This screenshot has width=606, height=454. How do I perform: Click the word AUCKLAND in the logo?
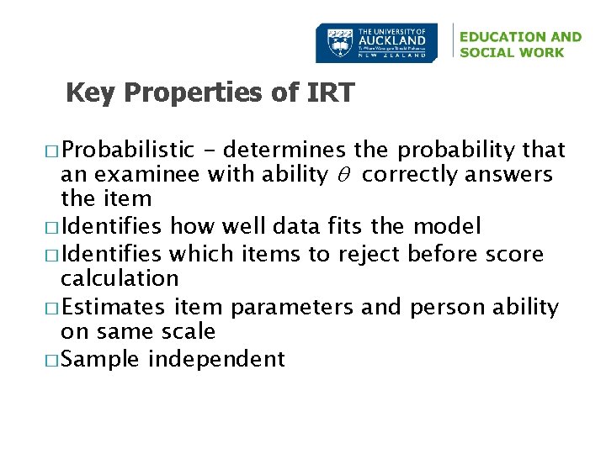click(x=392, y=40)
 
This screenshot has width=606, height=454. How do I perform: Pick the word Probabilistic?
click(x=128, y=150)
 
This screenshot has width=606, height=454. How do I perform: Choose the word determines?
click(x=285, y=150)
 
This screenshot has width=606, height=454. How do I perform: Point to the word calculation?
click(x=120, y=278)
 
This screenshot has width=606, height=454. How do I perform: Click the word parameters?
click(x=293, y=308)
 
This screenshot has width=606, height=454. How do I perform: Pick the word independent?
click(x=217, y=360)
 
